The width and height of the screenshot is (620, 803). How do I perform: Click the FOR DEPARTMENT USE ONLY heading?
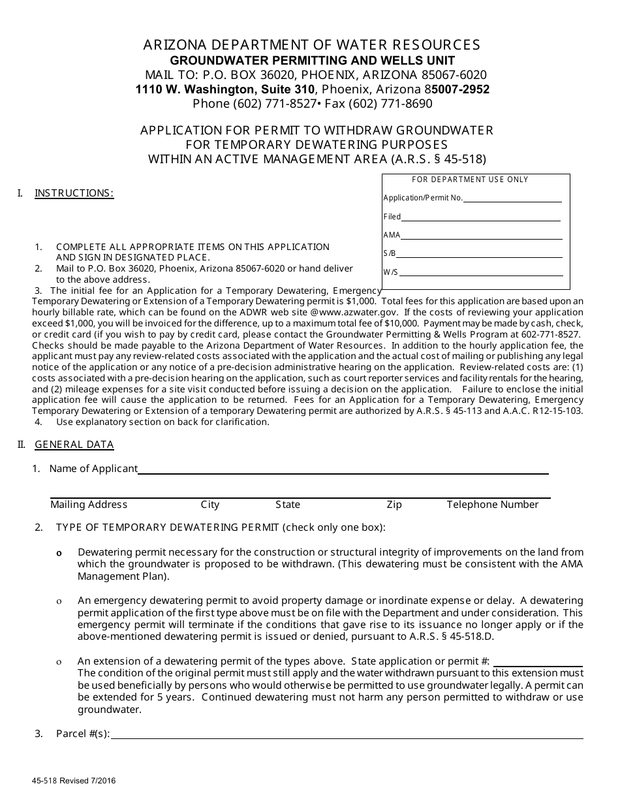tap(470, 180)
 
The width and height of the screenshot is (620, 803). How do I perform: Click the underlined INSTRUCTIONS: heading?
tap(74, 193)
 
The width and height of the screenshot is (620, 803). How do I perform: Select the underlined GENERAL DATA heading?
tap(74, 445)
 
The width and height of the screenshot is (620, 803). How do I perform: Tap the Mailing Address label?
tap(89, 505)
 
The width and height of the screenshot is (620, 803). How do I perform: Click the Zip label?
tap(394, 505)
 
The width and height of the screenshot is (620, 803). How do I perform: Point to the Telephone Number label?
tap(492, 505)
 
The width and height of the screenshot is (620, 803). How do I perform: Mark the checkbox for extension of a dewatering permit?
tap(59, 662)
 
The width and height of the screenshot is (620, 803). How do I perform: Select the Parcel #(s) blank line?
tap(347, 735)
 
